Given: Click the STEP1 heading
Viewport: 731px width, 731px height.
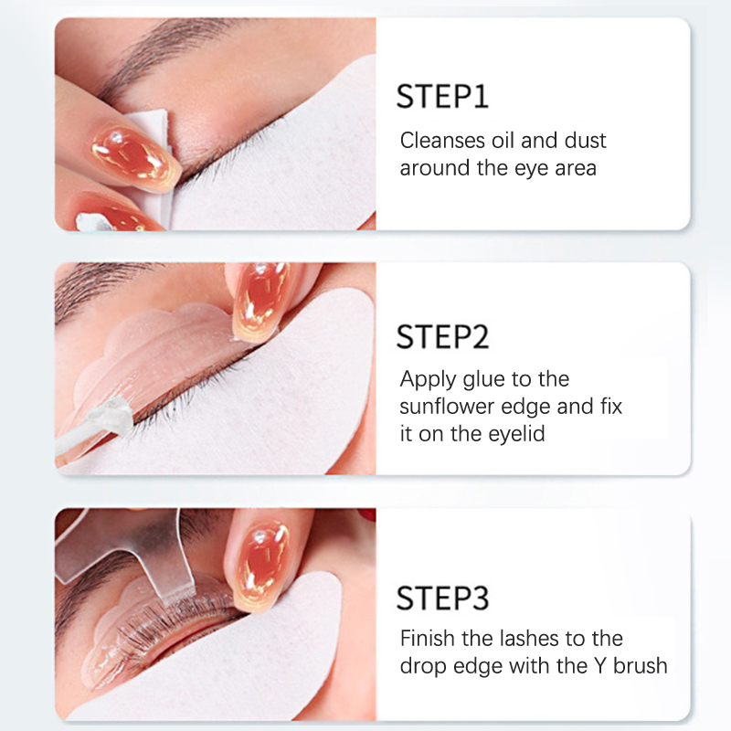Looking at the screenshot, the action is point(442,97).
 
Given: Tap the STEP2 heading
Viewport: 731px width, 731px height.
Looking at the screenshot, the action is point(442,337).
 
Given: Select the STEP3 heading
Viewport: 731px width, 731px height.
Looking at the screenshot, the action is point(442,598).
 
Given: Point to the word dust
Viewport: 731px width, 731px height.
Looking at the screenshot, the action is point(585,141).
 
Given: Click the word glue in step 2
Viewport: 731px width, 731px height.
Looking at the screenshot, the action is point(478,380).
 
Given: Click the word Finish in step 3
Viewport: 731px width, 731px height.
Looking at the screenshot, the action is point(428,638).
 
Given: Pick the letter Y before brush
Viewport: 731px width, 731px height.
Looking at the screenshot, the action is point(600,666).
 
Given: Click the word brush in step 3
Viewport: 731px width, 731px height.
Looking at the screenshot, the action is point(641,666).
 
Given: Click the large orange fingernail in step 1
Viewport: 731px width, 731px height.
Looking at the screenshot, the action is point(135,157).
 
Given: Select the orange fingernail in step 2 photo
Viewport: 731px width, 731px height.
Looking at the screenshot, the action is point(260,301).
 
